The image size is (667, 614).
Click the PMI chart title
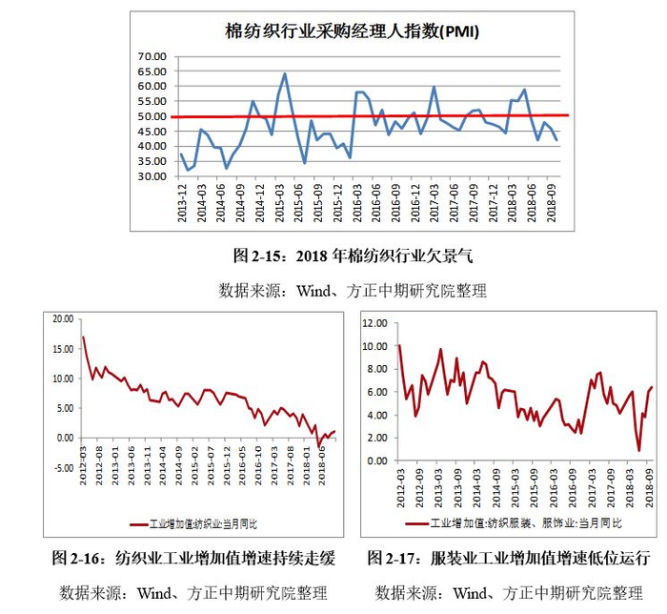(x=352, y=31)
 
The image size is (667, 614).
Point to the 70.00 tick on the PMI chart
(x=152, y=56)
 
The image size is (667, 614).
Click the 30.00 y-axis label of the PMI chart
(x=152, y=176)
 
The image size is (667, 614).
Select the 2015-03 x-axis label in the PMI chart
(x=279, y=203)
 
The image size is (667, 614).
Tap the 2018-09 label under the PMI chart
(x=552, y=203)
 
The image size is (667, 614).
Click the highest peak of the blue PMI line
(x=285, y=73)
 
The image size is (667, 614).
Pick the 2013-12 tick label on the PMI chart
(x=183, y=203)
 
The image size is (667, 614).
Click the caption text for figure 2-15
(x=353, y=256)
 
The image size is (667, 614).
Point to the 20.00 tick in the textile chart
(x=63, y=319)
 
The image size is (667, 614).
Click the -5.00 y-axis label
(x=64, y=468)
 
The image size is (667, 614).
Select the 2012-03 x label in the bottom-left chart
(x=83, y=465)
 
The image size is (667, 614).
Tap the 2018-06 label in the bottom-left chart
(x=322, y=465)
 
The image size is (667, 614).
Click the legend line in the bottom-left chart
(x=139, y=524)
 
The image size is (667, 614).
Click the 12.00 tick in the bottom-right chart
(x=374, y=323)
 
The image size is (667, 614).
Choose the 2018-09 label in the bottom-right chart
(x=650, y=488)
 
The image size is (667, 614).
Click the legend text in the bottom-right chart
(x=525, y=522)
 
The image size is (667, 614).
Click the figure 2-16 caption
(x=193, y=558)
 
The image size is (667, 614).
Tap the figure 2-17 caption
(x=509, y=558)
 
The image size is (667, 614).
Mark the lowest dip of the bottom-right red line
(x=639, y=450)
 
